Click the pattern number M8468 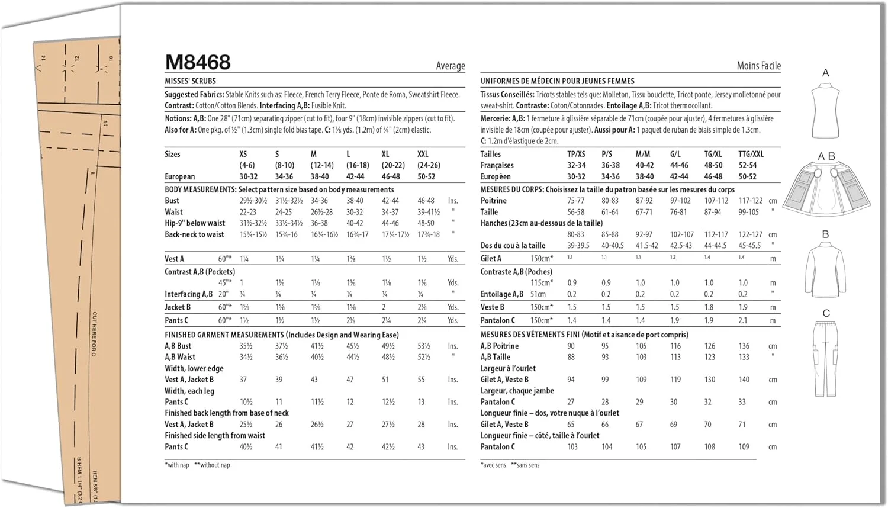(198, 62)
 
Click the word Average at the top (451, 66)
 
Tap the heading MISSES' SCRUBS (190, 81)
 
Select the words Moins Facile (758, 66)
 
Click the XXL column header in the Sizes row (423, 154)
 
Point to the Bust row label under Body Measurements (172, 201)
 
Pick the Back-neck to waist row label (194, 234)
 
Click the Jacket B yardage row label (178, 307)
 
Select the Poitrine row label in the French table (494, 201)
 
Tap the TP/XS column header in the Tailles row (576, 154)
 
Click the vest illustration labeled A (825, 110)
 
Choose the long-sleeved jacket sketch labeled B (825, 270)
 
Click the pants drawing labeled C (826, 358)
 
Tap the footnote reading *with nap (177, 465)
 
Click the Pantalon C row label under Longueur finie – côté (497, 447)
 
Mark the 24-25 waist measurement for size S (283, 212)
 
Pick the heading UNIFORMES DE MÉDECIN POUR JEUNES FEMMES (557, 81)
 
